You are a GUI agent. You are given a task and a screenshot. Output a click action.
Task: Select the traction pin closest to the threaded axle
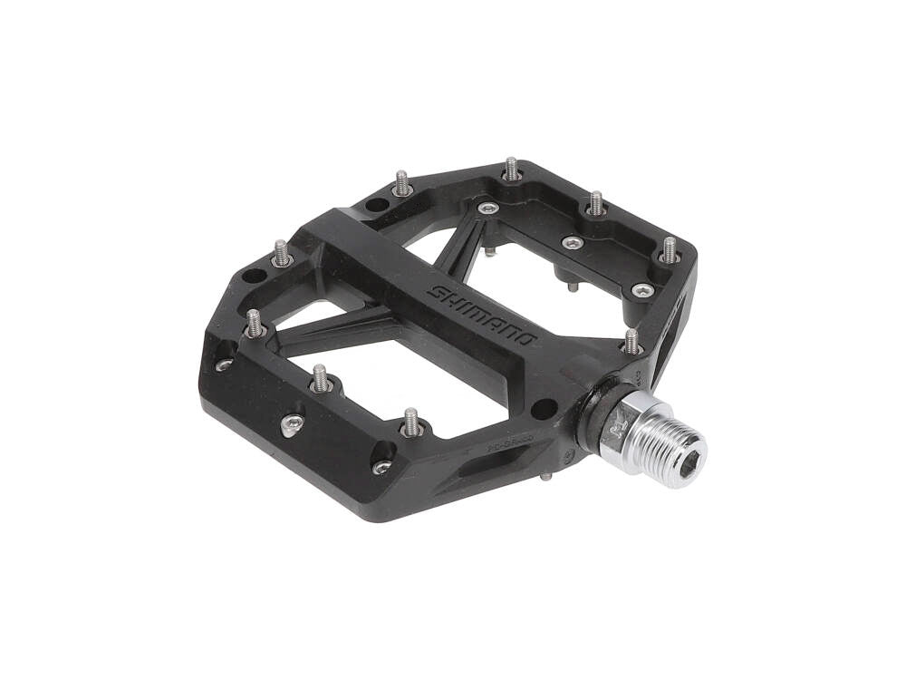tap(631, 342)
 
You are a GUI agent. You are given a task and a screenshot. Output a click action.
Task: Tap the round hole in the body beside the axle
tap(543, 409)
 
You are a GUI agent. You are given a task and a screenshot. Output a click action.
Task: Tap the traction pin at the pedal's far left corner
tap(281, 253)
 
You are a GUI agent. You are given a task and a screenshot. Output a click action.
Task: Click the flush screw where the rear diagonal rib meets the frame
tap(490, 209)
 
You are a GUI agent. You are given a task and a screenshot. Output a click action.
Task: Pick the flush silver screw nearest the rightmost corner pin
tap(643, 290)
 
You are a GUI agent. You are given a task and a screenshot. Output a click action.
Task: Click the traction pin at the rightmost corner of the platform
tap(670, 249)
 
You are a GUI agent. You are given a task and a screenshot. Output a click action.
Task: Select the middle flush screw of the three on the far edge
tap(572, 242)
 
